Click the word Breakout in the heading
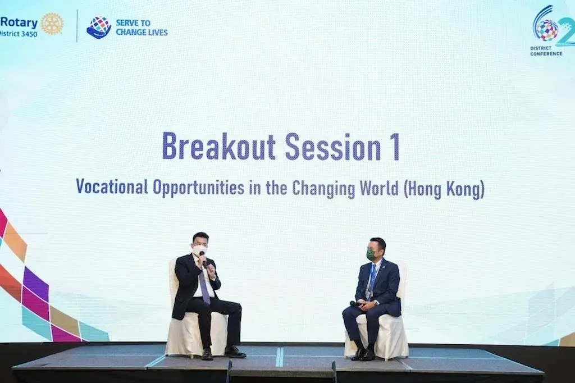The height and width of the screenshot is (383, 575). pos(218,147)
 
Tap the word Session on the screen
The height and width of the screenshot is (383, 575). pos(333,147)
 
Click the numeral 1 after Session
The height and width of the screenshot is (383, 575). pos(395,147)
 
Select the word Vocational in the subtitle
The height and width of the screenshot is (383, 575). pos(112,187)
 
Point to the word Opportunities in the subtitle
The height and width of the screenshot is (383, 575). pos(198,188)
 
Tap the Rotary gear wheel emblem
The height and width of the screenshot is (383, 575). pos(52,24)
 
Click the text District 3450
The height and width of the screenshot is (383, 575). pos(19,34)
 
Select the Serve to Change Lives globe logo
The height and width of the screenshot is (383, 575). pos(99,27)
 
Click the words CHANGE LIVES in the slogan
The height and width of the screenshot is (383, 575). pos(142,32)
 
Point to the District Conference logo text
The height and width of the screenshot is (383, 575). pos(546,51)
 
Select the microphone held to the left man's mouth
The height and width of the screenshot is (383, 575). pos(203,259)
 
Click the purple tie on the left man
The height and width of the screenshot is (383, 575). pos(204,286)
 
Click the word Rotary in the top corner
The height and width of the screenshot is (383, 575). pos(19,23)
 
